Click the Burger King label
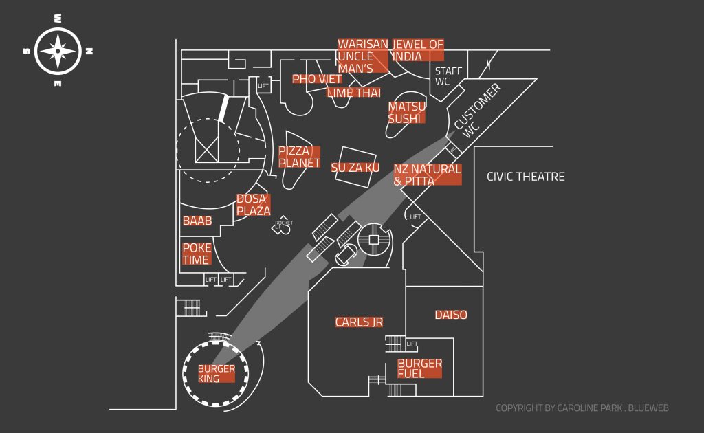217,373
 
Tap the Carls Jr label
359,322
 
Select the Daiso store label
451,315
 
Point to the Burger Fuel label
419,368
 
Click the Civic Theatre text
525,177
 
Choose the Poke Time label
197,254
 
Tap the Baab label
197,221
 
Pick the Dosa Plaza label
253,205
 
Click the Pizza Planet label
299,157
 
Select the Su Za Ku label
355,168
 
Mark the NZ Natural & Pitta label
426,175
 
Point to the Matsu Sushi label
406,113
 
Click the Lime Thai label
353,93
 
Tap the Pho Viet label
317,79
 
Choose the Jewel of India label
418,50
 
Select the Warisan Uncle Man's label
362,56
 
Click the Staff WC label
448,76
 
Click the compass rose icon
58,51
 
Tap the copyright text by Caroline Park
582,408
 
